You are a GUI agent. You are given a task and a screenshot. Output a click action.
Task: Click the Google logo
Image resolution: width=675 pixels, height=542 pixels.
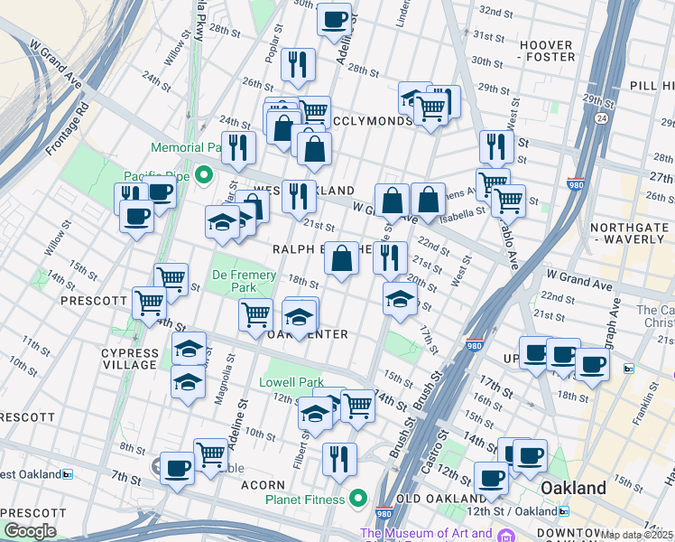point(30,531)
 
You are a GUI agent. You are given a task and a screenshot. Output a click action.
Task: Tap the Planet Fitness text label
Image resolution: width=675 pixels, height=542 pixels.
point(304,499)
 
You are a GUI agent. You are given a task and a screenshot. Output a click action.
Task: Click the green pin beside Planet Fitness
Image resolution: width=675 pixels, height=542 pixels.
point(359,498)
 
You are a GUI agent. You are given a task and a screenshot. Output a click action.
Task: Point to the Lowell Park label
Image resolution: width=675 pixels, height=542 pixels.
point(291,382)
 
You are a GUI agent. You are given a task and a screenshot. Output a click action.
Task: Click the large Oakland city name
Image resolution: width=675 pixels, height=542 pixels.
point(573,488)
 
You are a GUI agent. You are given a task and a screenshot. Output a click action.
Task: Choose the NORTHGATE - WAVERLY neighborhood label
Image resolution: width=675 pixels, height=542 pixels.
point(628,233)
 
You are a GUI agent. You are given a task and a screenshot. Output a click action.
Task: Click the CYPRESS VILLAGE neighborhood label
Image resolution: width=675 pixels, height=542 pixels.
point(130,359)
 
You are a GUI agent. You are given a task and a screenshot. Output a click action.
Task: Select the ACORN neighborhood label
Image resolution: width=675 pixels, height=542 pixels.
point(264,485)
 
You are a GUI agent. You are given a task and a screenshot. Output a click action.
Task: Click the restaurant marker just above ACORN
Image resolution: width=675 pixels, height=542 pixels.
point(339,456)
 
